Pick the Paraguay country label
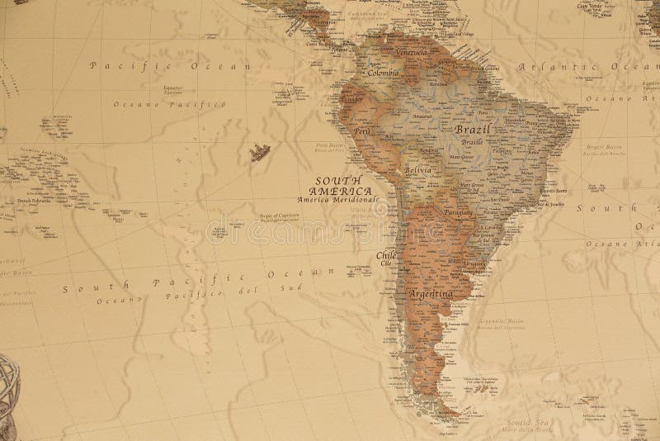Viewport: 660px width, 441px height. (x=457, y=211)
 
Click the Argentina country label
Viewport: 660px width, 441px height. (x=430, y=294)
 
